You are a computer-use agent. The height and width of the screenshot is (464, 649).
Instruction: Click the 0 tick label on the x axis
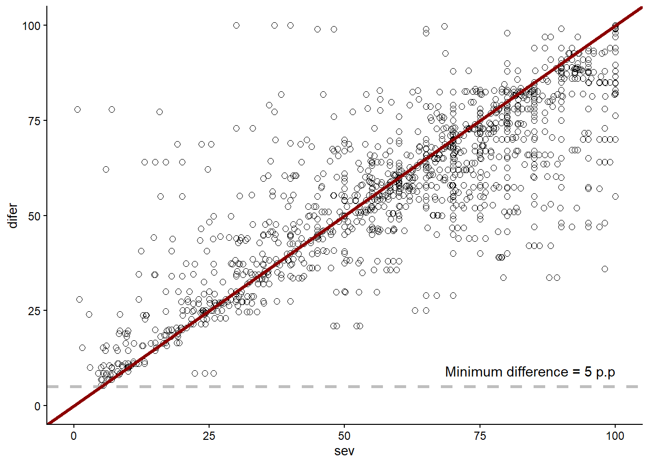[x=73, y=436]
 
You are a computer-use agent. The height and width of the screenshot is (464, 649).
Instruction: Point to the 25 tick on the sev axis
[x=209, y=436]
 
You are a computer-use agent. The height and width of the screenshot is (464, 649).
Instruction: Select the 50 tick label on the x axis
[x=344, y=436]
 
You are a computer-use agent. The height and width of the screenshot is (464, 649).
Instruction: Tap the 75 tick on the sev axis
[x=480, y=436]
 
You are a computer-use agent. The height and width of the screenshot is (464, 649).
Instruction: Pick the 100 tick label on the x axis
[x=615, y=436]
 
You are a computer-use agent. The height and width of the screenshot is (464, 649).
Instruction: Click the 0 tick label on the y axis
[x=37, y=406]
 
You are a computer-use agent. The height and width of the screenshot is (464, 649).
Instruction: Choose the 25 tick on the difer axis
[x=34, y=311]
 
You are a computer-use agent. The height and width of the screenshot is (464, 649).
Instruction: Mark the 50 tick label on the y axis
[x=34, y=216]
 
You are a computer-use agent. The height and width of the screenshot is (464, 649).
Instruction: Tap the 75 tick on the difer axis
[x=34, y=121]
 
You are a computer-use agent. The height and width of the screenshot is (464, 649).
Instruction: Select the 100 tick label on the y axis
[x=31, y=26]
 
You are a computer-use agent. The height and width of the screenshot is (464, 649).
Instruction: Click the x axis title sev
[x=344, y=451]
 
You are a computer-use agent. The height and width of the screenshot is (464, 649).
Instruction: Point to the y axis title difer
[x=13, y=216]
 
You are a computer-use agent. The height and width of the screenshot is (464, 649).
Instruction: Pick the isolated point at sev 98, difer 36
[x=605, y=269]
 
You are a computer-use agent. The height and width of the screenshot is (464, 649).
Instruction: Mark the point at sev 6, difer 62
[x=106, y=170]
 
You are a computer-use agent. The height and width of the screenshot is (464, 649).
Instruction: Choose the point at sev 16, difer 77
[x=160, y=112]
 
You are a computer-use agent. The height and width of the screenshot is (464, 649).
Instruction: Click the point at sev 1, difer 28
[x=79, y=300]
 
